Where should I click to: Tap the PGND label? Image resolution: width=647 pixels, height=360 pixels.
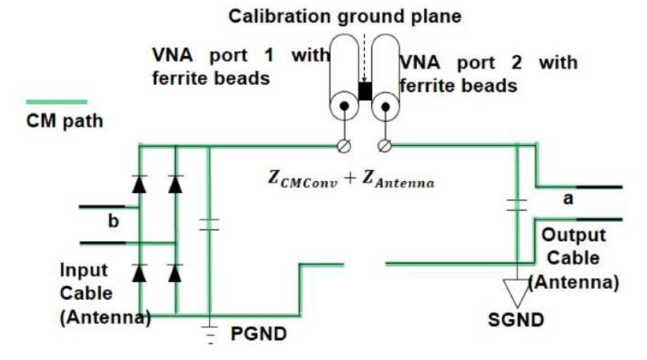(x=258, y=333)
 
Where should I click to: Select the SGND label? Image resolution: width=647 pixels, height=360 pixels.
(x=516, y=320)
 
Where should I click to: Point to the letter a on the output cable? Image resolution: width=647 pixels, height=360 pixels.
(x=568, y=198)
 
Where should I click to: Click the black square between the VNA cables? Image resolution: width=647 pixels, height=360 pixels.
(x=366, y=91)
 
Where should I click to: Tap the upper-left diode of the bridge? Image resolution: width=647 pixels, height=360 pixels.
(x=140, y=184)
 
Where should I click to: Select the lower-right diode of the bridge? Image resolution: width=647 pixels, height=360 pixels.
(x=176, y=273)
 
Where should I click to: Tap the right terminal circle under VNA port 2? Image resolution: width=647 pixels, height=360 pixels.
(x=386, y=145)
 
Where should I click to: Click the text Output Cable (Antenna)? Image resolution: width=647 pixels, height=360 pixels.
(x=574, y=258)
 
